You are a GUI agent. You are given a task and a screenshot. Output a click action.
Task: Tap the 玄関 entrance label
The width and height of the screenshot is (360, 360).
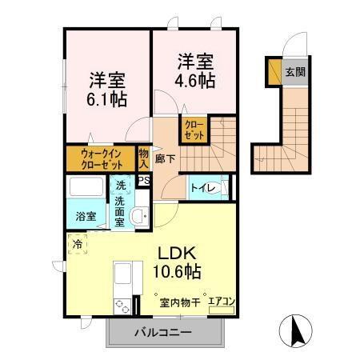[294, 72]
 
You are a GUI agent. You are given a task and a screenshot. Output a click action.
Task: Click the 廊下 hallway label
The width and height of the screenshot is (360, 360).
[164, 157]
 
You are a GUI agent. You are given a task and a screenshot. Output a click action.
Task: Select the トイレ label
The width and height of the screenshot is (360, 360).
[200, 188]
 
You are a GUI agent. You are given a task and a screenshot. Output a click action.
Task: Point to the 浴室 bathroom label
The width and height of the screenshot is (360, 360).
[86, 216]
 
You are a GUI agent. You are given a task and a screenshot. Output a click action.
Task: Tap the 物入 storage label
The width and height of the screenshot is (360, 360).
[143, 158]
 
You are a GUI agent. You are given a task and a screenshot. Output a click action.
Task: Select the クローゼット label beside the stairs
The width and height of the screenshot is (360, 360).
[193, 130]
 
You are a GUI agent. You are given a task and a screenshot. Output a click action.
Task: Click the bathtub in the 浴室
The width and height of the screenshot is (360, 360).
[86, 190]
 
